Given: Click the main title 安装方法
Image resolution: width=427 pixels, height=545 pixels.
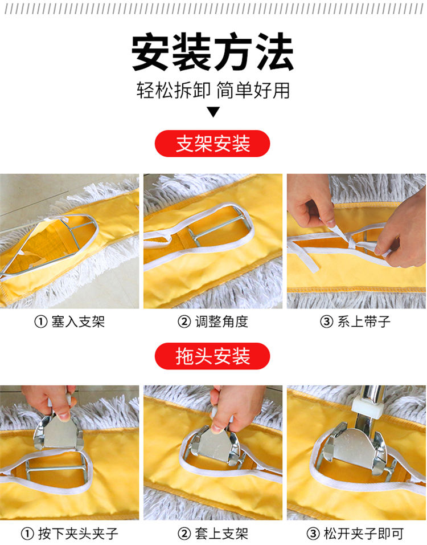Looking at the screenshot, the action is coord(213,52).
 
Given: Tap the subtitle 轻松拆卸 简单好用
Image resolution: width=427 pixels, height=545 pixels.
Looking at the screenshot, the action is coord(213,91).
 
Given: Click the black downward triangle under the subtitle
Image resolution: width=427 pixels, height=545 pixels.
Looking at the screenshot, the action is coord(213,112).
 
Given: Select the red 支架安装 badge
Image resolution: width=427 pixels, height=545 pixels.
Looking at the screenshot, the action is coord(212,144).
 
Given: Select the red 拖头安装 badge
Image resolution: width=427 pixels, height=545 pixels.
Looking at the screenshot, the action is coord(212,356).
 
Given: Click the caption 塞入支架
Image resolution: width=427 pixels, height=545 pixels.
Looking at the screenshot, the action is coord(78,322).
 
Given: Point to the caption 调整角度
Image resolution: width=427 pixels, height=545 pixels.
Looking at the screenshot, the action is coord(221,322).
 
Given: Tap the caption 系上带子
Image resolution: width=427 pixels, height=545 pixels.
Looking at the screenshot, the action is coord(364,322).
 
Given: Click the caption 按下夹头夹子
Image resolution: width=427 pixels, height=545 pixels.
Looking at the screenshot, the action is coord(78,534).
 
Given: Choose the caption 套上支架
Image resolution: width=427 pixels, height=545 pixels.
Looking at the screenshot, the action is coord(221,534).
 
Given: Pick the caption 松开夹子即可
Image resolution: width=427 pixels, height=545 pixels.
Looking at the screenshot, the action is coord(364,534).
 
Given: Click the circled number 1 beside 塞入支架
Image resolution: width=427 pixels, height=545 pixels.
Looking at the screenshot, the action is coord(40,322).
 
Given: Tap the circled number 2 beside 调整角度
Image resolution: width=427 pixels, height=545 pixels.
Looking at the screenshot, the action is coord(184,322).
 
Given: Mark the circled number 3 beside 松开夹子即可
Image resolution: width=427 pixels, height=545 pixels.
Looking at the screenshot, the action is coord(313,534).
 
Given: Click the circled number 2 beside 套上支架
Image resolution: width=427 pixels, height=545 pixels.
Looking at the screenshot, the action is coord(184,534).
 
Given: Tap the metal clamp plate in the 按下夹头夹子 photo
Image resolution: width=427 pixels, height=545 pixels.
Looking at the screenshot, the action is coord(59,431).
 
